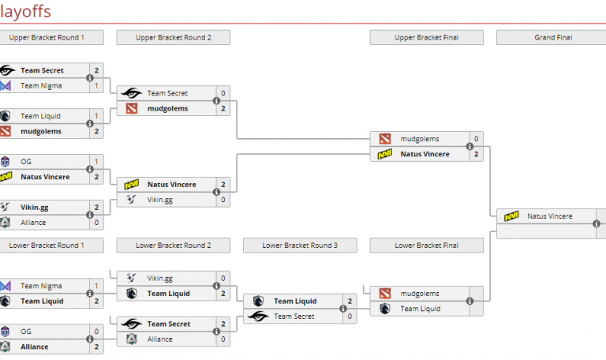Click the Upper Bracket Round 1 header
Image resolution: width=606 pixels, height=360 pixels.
(x=47, y=37)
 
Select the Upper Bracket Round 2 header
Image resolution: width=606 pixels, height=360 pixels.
(x=174, y=37)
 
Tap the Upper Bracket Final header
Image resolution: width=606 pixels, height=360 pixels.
(x=427, y=37)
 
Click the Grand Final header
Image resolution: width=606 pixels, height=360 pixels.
(x=552, y=37)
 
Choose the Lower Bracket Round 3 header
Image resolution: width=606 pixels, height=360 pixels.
(x=301, y=246)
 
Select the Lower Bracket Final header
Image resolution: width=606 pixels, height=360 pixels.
(x=427, y=246)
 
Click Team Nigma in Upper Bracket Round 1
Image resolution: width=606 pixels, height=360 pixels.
(x=42, y=85)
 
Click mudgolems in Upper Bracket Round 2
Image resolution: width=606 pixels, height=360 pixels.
(x=167, y=108)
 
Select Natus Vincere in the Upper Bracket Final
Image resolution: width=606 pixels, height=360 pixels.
(x=425, y=154)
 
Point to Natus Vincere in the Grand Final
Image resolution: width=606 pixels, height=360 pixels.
(x=549, y=216)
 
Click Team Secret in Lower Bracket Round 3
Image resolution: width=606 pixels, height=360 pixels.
(x=294, y=317)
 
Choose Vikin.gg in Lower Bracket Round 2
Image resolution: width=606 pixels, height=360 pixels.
(x=159, y=278)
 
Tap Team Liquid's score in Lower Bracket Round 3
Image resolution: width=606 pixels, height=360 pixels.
(x=350, y=301)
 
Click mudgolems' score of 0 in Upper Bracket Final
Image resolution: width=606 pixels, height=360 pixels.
(x=476, y=139)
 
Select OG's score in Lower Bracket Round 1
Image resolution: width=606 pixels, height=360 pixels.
(x=96, y=331)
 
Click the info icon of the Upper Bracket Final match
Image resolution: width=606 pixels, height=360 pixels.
(x=469, y=146)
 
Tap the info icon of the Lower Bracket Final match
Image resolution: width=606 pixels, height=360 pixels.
(x=469, y=301)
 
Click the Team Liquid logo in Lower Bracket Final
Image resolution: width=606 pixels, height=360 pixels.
(x=384, y=309)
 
